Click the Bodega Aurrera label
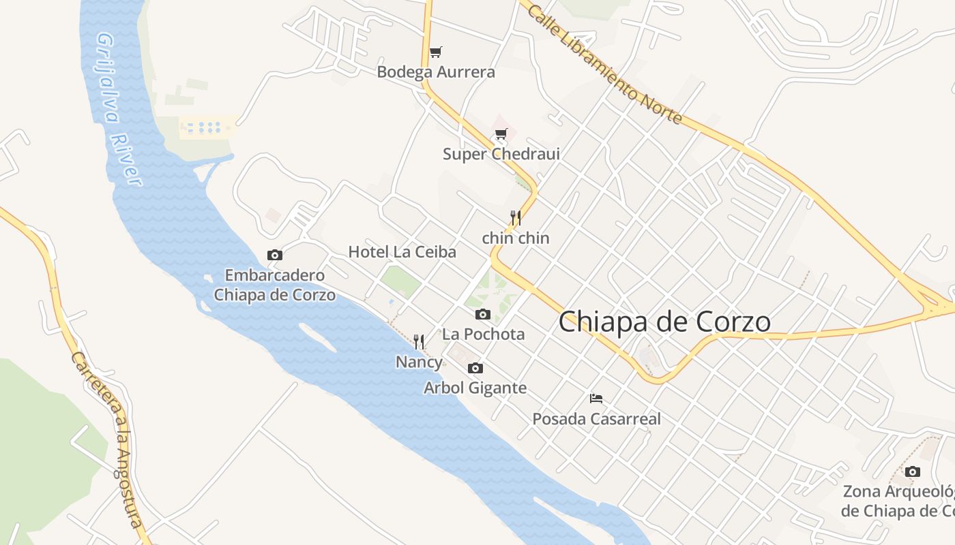[436, 72]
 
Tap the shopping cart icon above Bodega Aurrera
[436, 52]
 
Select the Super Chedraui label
[501, 154]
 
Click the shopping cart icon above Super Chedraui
[501, 134]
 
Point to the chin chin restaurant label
[516, 238]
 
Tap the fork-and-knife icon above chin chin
[516, 218]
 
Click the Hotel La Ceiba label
[402, 252]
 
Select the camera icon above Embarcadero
[275, 255]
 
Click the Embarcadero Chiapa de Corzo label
[275, 285]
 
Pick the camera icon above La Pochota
[483, 314]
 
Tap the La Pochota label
[484, 334]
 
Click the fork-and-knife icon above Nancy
[419, 341]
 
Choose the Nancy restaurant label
[419, 362]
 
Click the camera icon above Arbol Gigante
[475, 368]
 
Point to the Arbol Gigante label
[475, 388]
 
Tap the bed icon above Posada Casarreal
[596, 399]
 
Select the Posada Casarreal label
[597, 419]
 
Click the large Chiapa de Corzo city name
[665, 322]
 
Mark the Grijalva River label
[119, 109]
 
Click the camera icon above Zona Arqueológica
[913, 471]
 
